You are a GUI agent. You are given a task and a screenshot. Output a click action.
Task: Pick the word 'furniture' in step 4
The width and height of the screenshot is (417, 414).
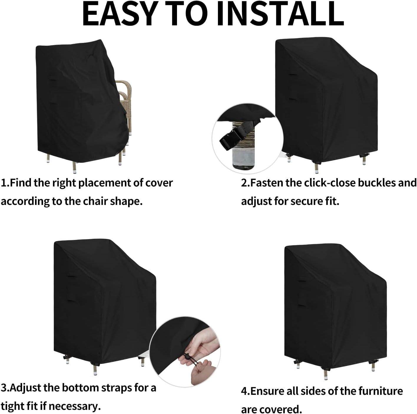(380, 391)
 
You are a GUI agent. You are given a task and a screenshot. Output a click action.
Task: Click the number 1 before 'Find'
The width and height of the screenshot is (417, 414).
(4, 183)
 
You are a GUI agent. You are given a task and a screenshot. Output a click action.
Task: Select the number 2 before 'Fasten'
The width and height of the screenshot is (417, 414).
(244, 183)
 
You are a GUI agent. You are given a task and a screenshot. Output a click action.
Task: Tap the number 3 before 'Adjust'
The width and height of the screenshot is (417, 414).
(4, 388)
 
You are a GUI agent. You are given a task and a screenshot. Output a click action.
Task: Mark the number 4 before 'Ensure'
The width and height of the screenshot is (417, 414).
(244, 391)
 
